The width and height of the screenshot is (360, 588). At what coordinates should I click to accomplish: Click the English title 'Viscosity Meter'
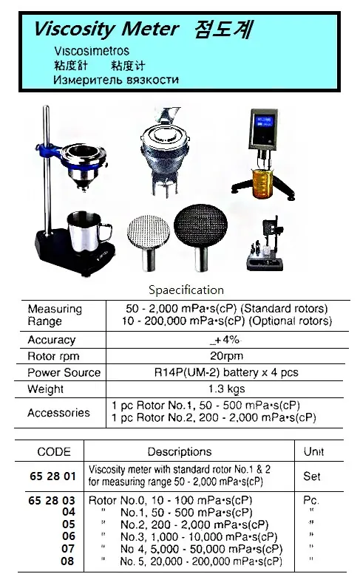coord(106,29)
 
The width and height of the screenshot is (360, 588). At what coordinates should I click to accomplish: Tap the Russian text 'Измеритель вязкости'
coord(116,80)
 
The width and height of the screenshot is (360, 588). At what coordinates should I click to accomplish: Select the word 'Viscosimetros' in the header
coord(92,51)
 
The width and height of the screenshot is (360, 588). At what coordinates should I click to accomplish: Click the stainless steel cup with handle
coord(89,232)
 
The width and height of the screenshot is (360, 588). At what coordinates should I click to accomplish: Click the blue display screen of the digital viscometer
coord(265,122)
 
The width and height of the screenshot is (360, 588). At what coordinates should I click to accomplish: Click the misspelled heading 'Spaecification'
coord(186,290)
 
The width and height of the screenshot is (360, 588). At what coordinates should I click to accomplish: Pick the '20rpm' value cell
coord(226,356)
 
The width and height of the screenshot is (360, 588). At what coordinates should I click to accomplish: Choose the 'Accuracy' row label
coord(52,340)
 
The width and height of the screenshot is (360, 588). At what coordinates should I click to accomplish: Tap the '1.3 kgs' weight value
coord(227,389)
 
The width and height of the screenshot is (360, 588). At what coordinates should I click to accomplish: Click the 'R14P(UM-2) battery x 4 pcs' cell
coord(226,372)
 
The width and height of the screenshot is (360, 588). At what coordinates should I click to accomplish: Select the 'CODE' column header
coord(54,451)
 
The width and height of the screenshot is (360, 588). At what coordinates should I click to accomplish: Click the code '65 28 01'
coord(52,476)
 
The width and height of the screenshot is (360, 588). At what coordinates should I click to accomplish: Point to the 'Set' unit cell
coord(312,476)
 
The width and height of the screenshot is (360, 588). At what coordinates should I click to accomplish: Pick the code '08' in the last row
coord(67,561)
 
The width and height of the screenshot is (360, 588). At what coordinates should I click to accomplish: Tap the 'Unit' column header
coord(314,451)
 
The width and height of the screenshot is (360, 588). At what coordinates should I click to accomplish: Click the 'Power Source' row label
coord(64,372)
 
